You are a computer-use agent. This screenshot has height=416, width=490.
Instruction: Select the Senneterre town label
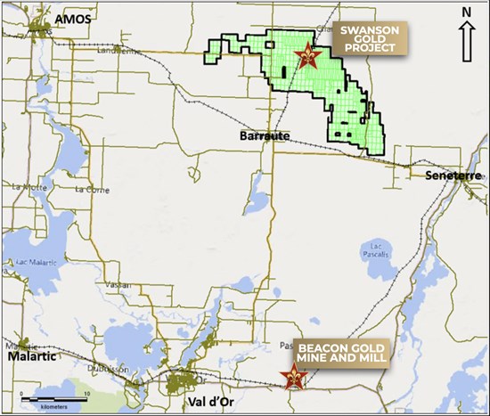pos(450,175)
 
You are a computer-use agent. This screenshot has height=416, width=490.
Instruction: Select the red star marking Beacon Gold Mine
pos(290,378)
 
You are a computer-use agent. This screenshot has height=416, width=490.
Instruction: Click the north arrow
pos(468,39)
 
